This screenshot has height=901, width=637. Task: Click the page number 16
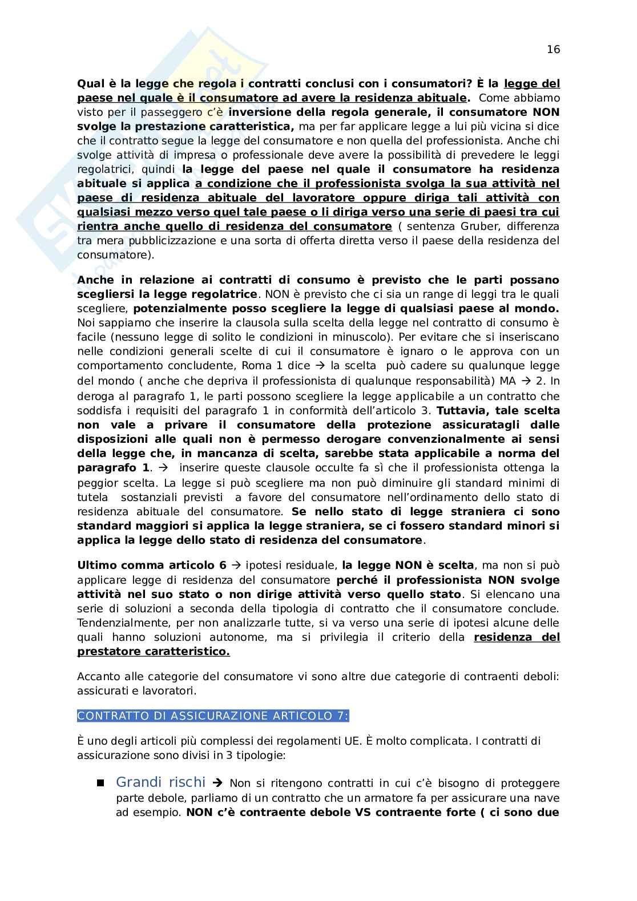(x=553, y=49)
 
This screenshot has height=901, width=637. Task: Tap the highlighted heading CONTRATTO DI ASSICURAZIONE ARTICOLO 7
(x=213, y=716)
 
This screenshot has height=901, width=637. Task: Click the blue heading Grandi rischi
(x=152, y=782)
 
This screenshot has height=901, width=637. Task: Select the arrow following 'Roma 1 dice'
(x=319, y=366)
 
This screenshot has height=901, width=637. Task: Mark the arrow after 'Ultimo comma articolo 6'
(x=236, y=566)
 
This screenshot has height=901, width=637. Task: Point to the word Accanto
(x=95, y=677)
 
